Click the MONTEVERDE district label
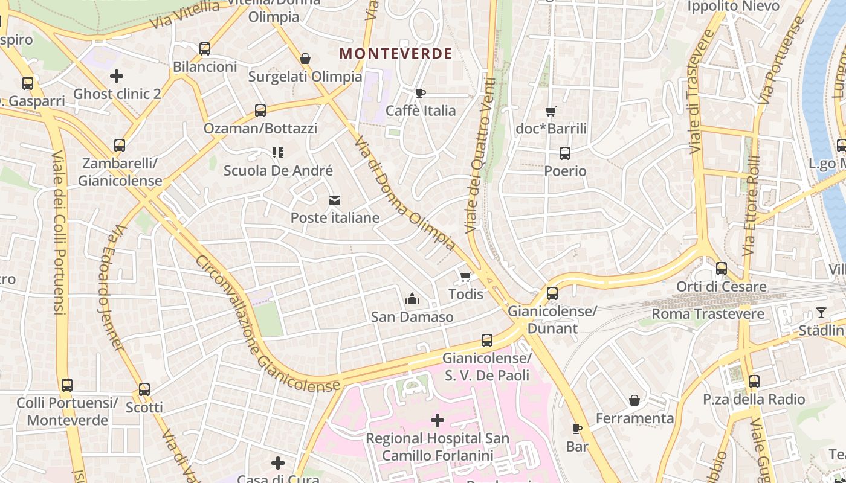pyautogui.click(x=395, y=53)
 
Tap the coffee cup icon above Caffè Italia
pyautogui.click(x=421, y=93)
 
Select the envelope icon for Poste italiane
pyautogui.click(x=335, y=200)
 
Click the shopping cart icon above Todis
pyautogui.click(x=465, y=277)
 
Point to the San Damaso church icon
pyautogui.click(x=412, y=299)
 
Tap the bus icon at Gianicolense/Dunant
pyautogui.click(x=552, y=293)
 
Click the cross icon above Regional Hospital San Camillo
pyautogui.click(x=438, y=420)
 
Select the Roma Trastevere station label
pyautogui.click(x=708, y=314)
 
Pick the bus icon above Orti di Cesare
pyautogui.click(x=721, y=269)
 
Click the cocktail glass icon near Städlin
pyautogui.click(x=821, y=313)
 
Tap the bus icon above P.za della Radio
pyautogui.click(x=754, y=382)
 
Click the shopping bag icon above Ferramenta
pyautogui.click(x=634, y=400)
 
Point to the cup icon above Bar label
pyautogui.click(x=577, y=429)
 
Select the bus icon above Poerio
pyautogui.click(x=565, y=153)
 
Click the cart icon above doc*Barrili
pyautogui.click(x=551, y=111)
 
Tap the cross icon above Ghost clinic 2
pyautogui.click(x=117, y=76)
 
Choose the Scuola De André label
pyautogui.click(x=278, y=171)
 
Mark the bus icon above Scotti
pyautogui.click(x=144, y=389)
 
